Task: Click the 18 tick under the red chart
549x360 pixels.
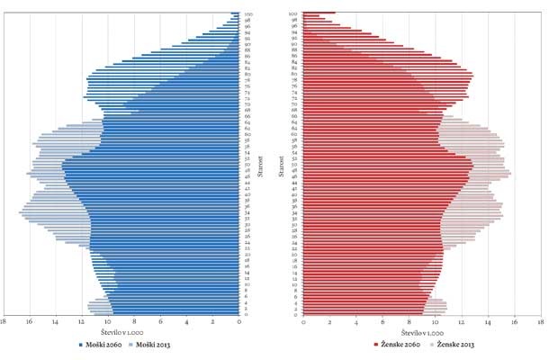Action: (540, 321)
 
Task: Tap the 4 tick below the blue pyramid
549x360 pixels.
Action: (187, 321)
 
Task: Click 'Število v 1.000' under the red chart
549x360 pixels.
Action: (422, 333)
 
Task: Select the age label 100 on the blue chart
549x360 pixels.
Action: (247, 13)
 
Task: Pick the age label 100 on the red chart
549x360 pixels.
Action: (293, 13)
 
